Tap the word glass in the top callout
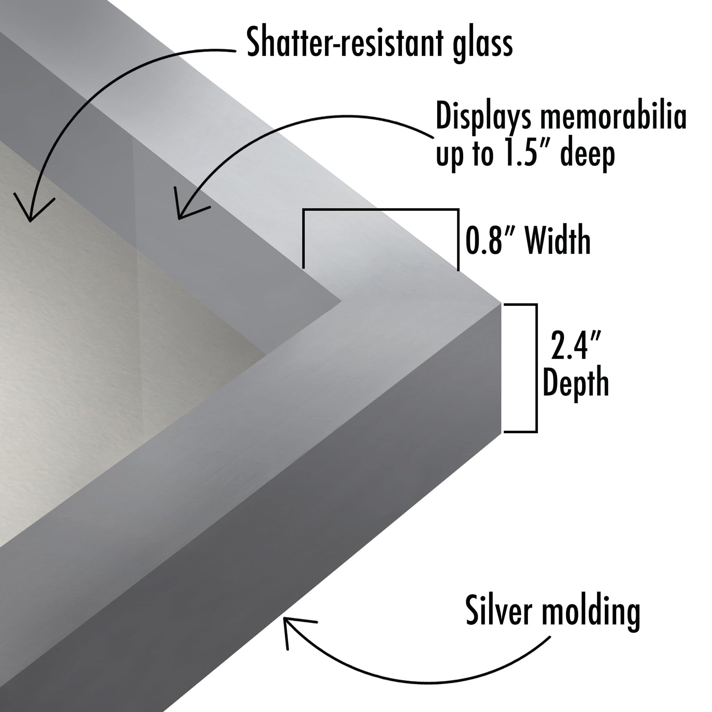[483, 45]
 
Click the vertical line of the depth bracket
[536, 368]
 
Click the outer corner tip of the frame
[501, 304]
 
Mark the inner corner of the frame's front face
[341, 301]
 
